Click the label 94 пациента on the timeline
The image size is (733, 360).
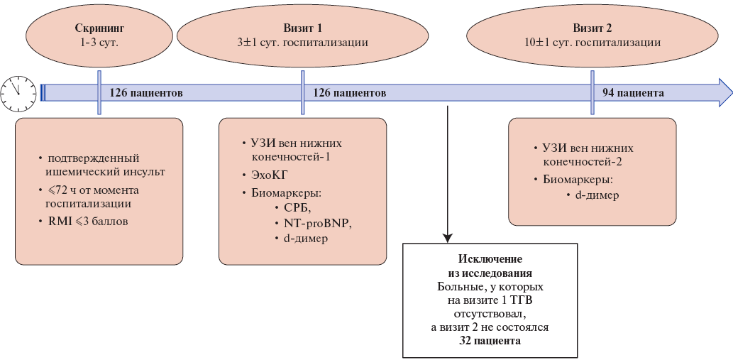633,93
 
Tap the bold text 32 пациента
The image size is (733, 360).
490,342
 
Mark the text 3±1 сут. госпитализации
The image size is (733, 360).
302,43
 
